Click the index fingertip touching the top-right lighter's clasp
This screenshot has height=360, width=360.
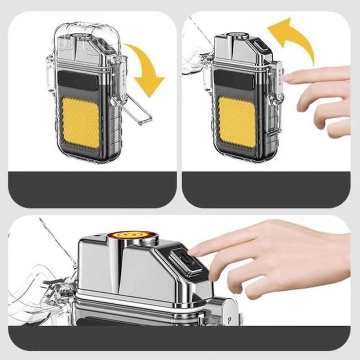(286, 77)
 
